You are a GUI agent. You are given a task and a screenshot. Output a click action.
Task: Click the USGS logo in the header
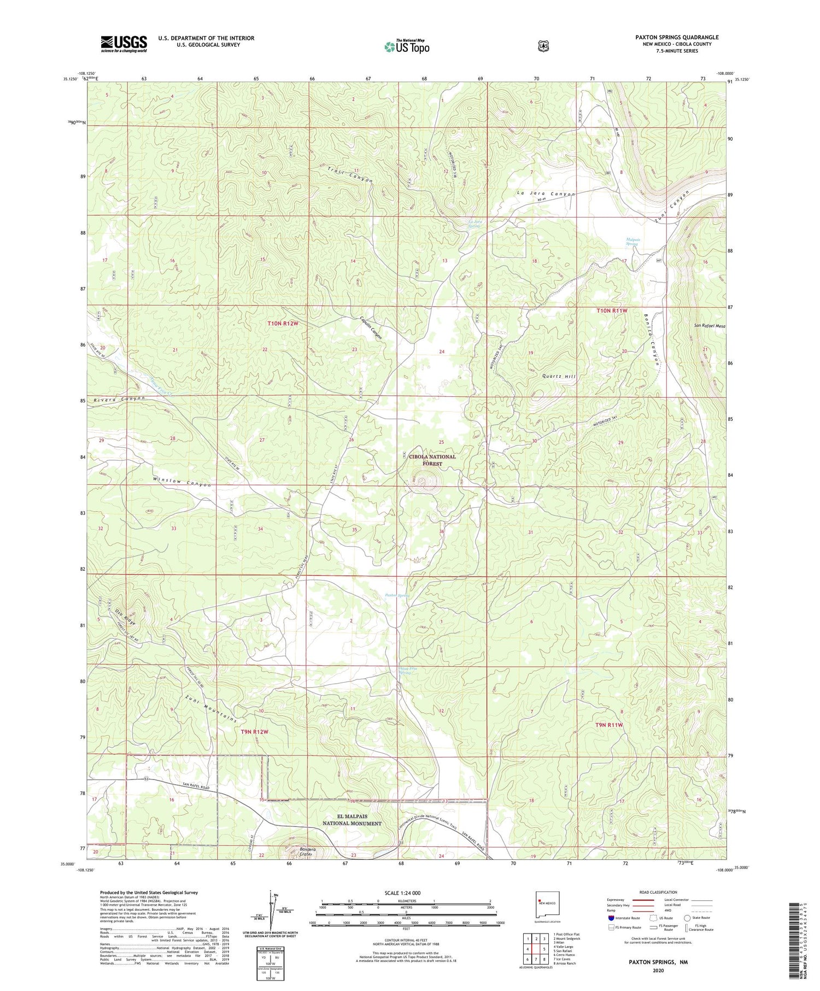pyautogui.click(x=124, y=44)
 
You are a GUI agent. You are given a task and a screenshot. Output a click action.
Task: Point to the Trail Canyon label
pyautogui.click(x=350, y=173)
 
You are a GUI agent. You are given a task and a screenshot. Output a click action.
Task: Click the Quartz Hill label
pyautogui.click(x=559, y=377)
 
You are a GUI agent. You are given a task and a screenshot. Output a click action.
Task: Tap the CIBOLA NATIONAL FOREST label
pyautogui.click(x=432, y=460)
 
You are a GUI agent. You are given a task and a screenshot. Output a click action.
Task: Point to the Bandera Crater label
pyautogui.click(x=308, y=852)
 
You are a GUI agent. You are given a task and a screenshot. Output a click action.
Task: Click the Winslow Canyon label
pyautogui.click(x=181, y=482)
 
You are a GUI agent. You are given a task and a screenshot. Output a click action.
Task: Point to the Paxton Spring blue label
pyautogui.click(x=397, y=595)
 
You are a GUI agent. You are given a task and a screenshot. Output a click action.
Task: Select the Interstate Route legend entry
pyautogui.click(x=626, y=918)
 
